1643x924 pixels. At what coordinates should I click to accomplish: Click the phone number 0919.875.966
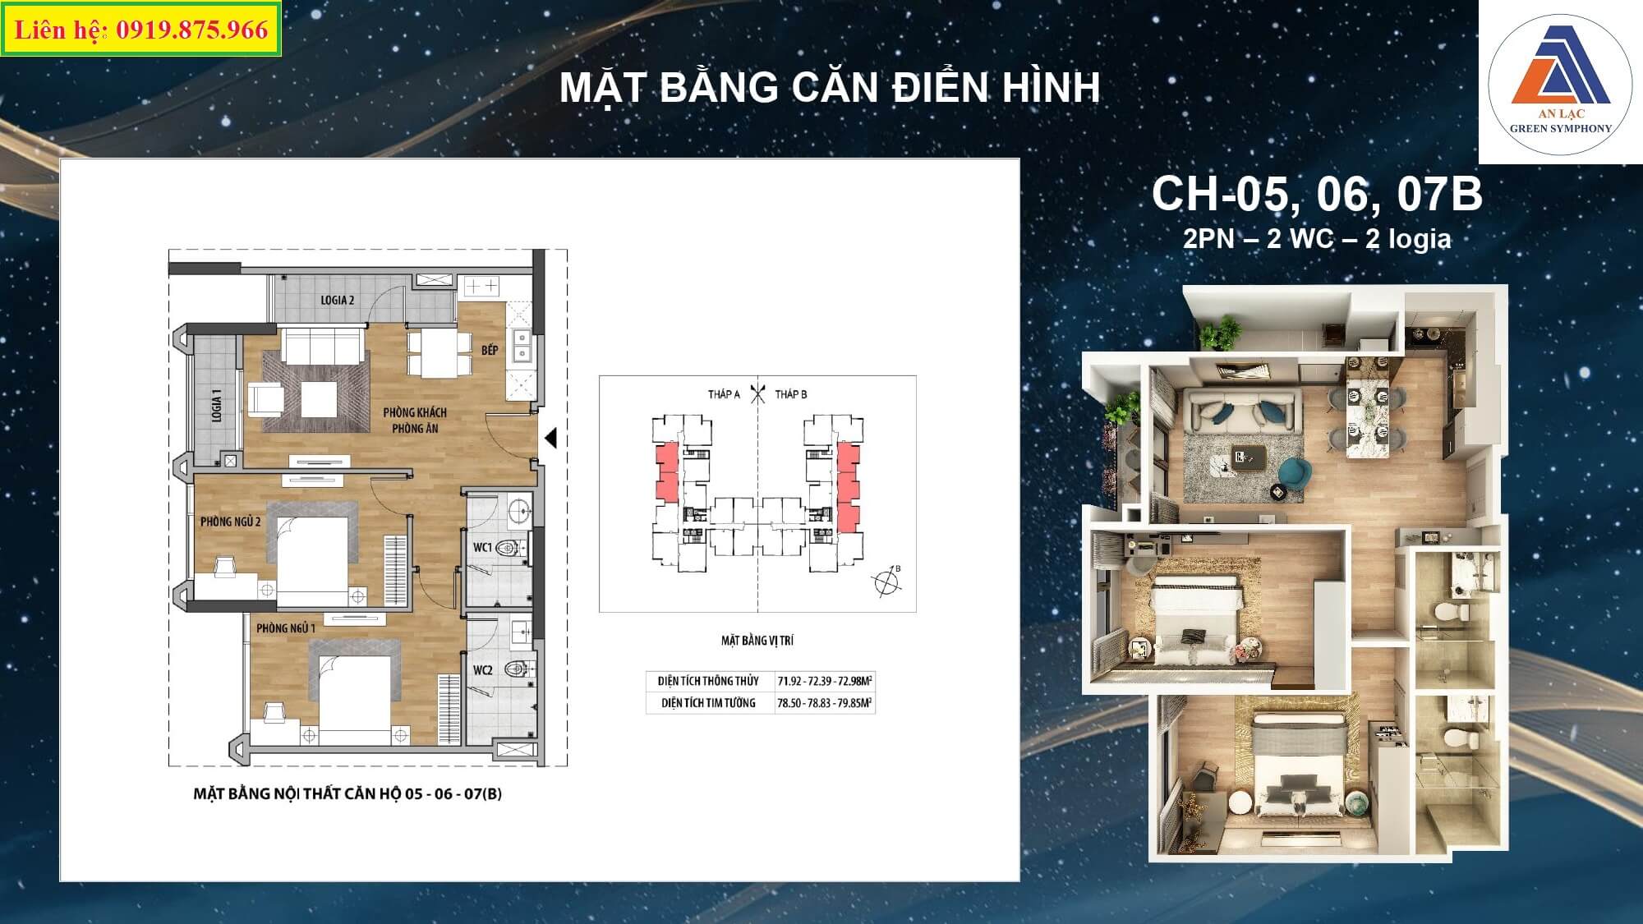(192, 30)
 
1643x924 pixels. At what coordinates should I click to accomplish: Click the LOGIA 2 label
(338, 300)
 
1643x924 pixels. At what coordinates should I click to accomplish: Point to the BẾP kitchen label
(490, 350)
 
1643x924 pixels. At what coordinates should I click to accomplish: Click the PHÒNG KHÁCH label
(415, 412)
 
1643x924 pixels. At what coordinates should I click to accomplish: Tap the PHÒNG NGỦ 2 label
(231, 522)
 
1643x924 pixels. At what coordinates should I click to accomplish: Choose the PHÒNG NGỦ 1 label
(286, 628)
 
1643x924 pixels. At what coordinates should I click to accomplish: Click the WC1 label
(482, 547)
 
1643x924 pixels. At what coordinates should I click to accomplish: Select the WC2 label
(482, 670)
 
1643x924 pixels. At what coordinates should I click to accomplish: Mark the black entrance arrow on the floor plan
(551, 439)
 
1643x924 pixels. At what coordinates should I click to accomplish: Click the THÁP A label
(724, 394)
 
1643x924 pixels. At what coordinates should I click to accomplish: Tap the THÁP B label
(791, 394)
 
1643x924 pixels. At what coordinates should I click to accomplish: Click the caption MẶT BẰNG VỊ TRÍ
(757, 641)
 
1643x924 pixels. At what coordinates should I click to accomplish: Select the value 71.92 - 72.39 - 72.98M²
(825, 681)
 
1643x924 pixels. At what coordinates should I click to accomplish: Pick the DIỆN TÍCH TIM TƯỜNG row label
(708, 703)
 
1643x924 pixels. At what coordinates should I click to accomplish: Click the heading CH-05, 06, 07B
(1317, 195)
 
